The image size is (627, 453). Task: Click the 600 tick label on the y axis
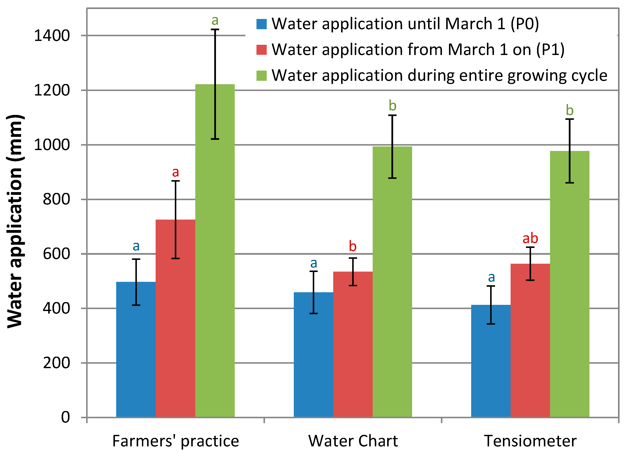click(x=56, y=254)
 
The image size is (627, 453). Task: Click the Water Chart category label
click(x=353, y=441)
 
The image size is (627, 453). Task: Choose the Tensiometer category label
click(x=530, y=441)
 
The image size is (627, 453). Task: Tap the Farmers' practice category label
click(x=175, y=441)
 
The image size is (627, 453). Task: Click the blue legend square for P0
click(x=261, y=24)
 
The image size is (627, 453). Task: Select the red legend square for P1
click(x=261, y=50)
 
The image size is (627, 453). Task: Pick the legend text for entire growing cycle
click(x=439, y=75)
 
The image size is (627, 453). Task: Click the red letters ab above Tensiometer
click(x=530, y=238)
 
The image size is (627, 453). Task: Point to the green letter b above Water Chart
click(x=392, y=106)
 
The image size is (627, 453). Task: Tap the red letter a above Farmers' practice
click(x=175, y=172)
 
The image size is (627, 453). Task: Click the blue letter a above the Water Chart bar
click(x=313, y=263)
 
